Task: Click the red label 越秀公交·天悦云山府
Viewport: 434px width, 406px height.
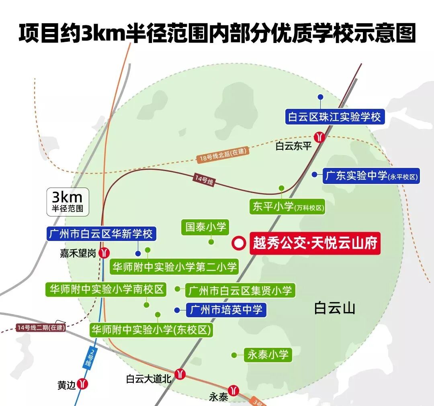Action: pos(315,243)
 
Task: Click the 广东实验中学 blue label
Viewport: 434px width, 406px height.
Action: pos(371,176)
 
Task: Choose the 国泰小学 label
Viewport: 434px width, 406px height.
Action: pos(206,227)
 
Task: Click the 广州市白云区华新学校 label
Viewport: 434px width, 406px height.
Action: pos(100,234)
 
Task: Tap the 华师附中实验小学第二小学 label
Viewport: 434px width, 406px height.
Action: pos(174,267)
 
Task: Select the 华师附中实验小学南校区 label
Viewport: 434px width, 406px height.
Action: pos(106,289)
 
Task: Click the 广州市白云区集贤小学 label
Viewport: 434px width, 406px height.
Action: pos(240,290)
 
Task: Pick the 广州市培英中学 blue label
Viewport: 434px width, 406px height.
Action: pos(226,310)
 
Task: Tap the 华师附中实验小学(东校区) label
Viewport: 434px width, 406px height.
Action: pos(151,330)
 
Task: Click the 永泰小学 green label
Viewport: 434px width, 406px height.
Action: pos(268,355)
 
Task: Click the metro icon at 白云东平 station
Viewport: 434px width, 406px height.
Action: pos(319,137)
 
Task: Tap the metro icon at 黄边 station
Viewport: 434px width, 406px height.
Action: pos(83,384)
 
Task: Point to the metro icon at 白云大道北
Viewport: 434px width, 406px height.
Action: pos(180,373)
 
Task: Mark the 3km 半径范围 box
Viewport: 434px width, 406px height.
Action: pos(68,201)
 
